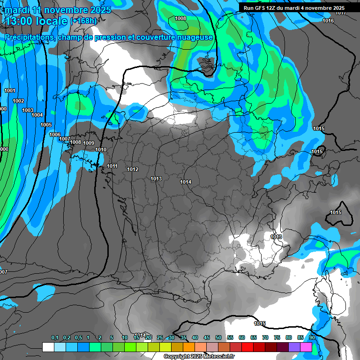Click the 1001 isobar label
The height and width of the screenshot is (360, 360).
click(9, 90)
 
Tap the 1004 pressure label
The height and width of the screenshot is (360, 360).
click(37, 115)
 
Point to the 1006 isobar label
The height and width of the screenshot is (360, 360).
click(55, 135)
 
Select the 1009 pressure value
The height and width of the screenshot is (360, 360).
click(89, 143)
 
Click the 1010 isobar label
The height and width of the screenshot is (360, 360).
click(100, 150)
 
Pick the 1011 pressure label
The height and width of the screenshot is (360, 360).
click(112, 166)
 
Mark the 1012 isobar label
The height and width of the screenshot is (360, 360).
click(133, 169)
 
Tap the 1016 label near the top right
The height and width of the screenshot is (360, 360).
click(328, 21)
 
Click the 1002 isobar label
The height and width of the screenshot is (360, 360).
click(18, 101)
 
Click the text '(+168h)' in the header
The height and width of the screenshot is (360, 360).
click(83, 21)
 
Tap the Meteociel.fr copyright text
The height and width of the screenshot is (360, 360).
click(199, 357)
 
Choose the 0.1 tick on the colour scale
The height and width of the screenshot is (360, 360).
click(54, 338)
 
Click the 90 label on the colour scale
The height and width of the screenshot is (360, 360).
click(312, 338)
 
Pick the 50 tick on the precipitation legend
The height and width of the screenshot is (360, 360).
click(218, 338)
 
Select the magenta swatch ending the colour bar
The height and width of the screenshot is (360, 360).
click(306, 347)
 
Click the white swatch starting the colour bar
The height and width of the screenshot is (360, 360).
click(48, 347)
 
